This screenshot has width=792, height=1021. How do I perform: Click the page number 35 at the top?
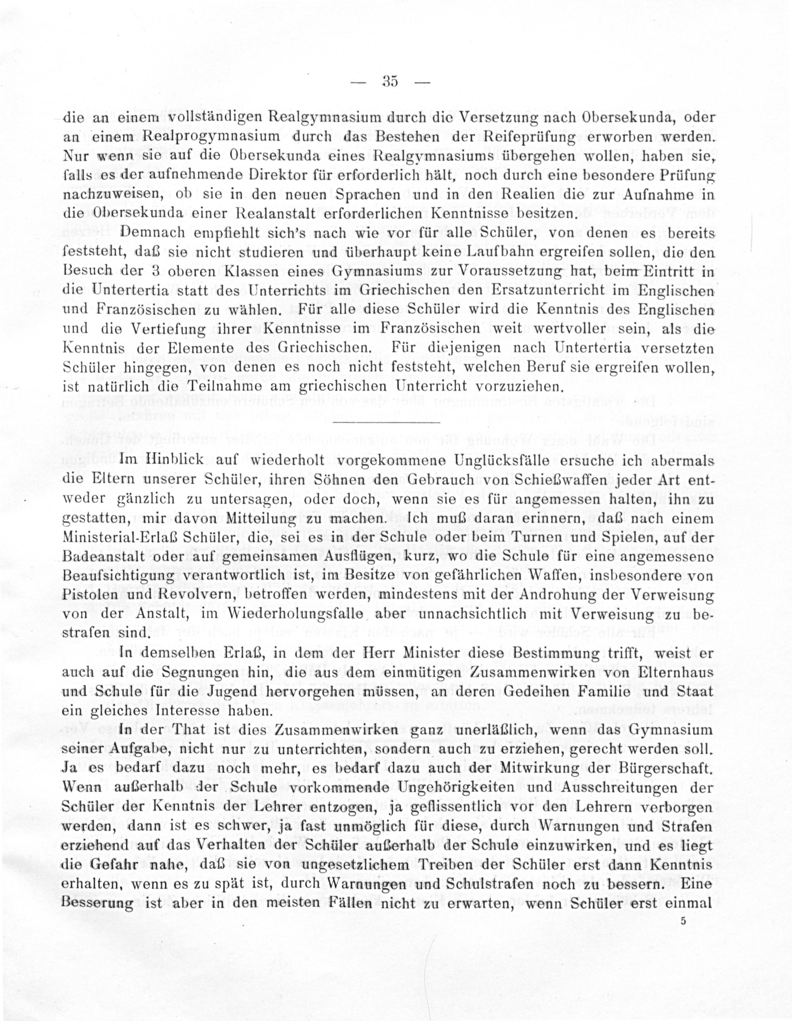click(390, 81)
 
